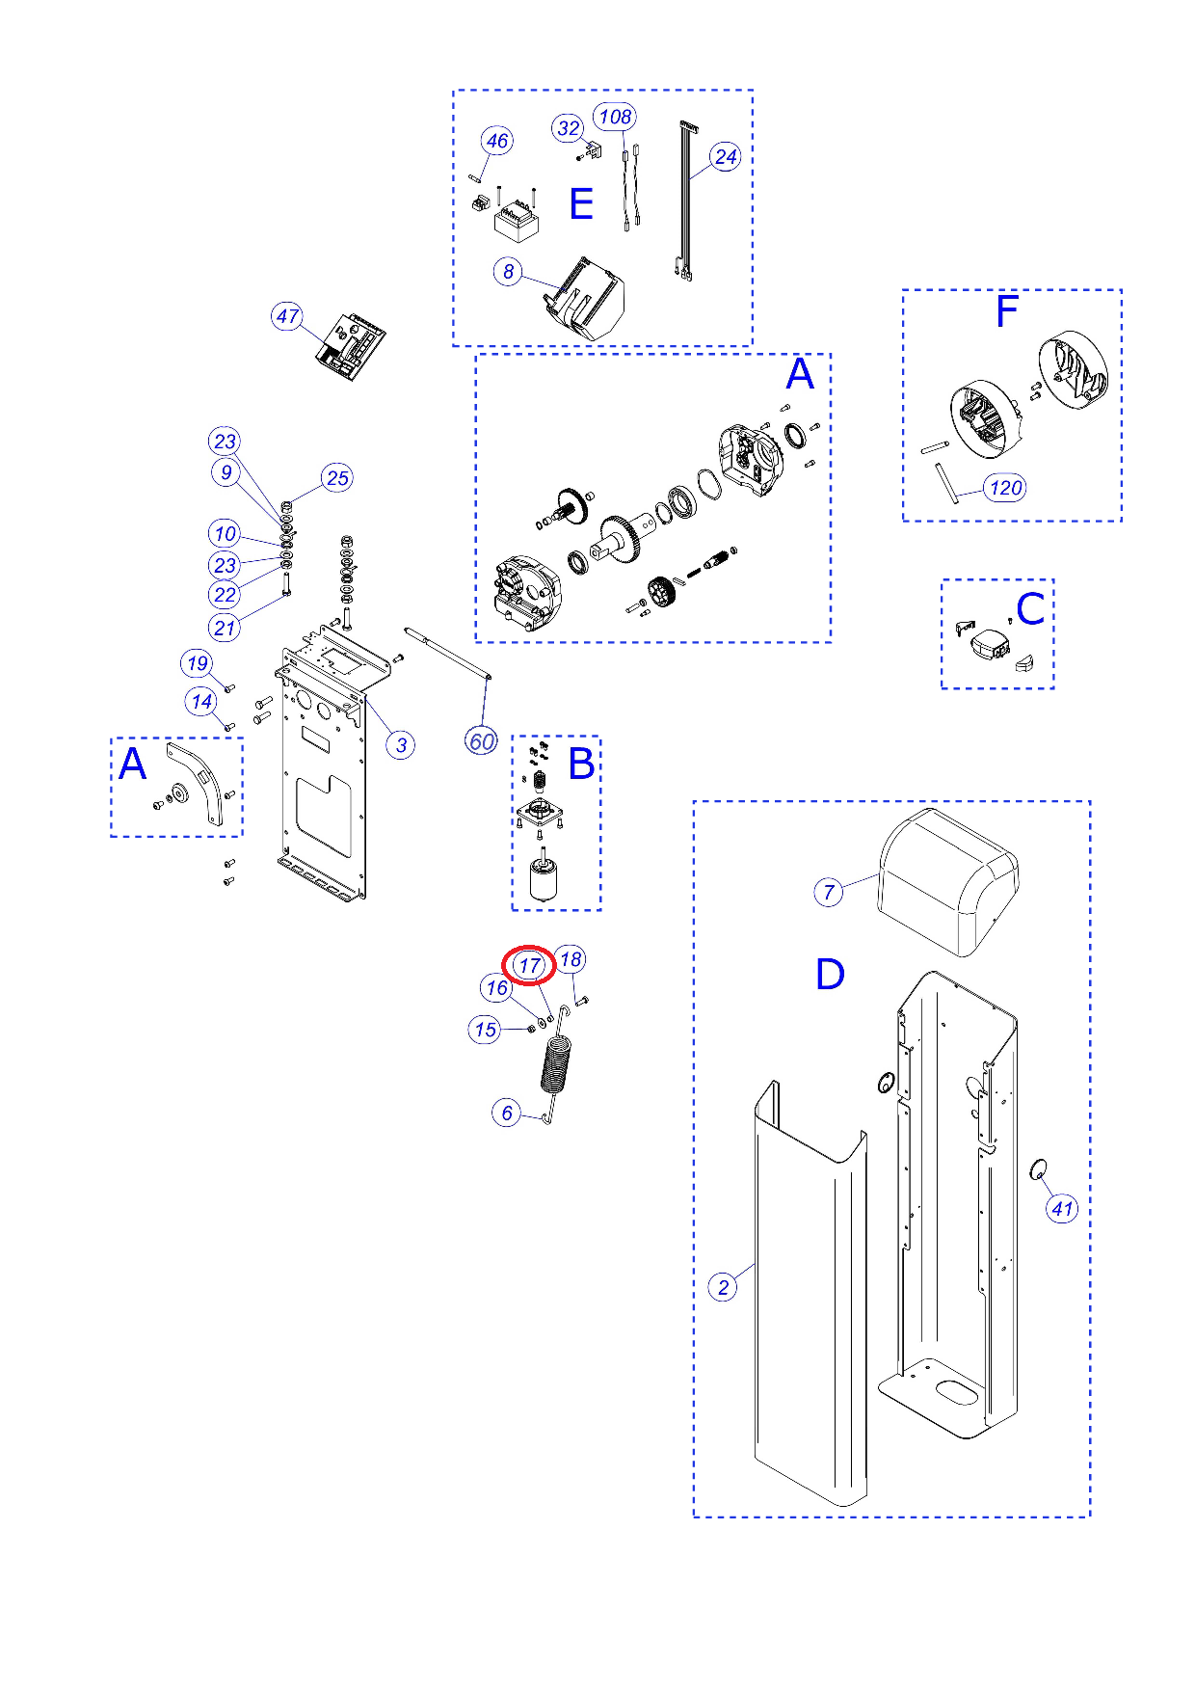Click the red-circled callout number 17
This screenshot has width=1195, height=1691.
[x=529, y=965]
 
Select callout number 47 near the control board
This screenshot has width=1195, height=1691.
[x=287, y=316]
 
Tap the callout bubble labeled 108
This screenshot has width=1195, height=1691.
[x=615, y=118]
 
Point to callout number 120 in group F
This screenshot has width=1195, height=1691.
[x=1005, y=488]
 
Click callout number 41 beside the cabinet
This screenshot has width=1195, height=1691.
[x=1062, y=1209]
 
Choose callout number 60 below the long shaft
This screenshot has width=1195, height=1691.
[x=481, y=741]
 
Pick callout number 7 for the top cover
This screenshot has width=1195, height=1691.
[x=829, y=892]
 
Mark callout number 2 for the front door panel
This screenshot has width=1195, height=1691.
[x=723, y=1287]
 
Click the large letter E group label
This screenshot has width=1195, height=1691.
[x=581, y=204]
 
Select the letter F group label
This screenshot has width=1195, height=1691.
[x=1007, y=311]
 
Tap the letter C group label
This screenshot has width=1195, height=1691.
[x=1030, y=609]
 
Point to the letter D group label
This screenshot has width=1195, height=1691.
[x=830, y=975]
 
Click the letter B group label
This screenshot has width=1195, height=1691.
[x=581, y=764]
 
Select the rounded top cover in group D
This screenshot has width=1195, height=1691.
[x=946, y=883]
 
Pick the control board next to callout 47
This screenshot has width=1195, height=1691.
[x=351, y=346]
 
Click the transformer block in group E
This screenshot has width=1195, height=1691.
[x=517, y=222]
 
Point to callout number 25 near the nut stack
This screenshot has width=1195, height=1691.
[x=337, y=478]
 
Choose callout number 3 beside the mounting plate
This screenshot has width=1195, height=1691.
[x=401, y=745]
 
